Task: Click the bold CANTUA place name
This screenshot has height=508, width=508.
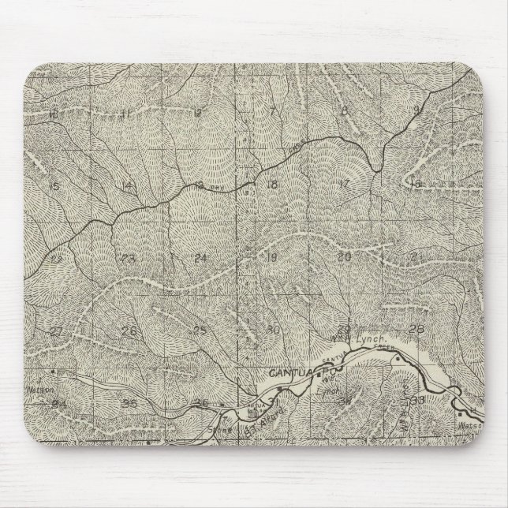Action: pos(286,369)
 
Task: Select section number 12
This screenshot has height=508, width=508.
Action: pos(197,113)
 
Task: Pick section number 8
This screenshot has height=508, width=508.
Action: pos(344,110)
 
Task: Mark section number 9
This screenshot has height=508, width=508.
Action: pos(416,110)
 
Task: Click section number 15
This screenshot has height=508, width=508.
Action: pos(54,186)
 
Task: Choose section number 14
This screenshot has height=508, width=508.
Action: pos(127,186)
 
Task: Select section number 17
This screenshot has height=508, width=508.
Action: pos(343,183)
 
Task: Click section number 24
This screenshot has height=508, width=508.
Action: pos(201,258)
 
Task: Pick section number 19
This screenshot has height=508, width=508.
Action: pos(273,257)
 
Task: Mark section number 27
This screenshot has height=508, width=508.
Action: pos(56,331)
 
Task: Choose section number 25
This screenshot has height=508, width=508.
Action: pos(200,330)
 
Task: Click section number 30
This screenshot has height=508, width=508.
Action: pos(274,329)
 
